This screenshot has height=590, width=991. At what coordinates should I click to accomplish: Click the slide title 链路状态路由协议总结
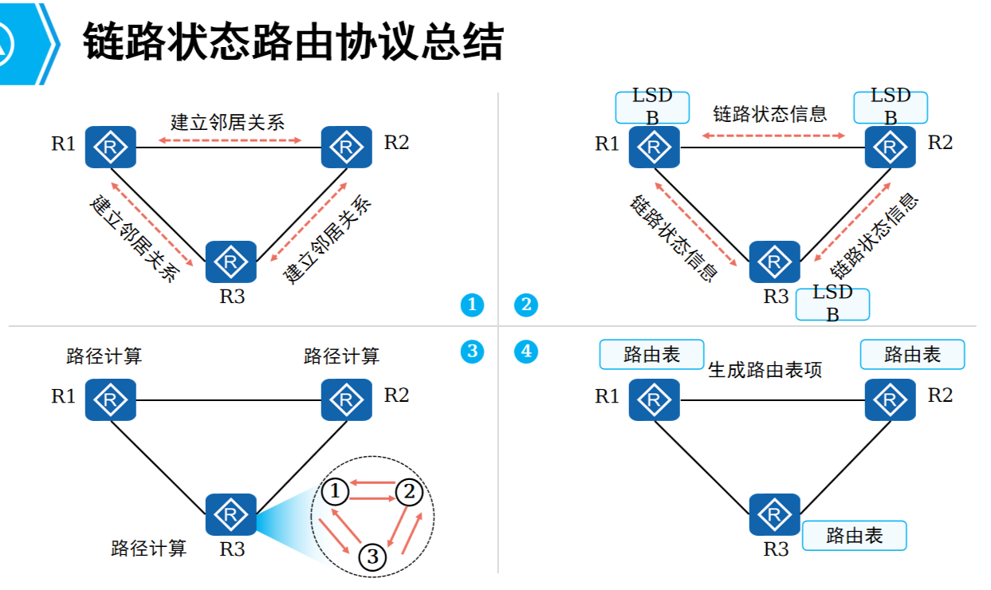(293, 41)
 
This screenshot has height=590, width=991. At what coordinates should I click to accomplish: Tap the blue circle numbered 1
(472, 305)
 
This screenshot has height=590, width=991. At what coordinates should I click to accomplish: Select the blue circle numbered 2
(526, 305)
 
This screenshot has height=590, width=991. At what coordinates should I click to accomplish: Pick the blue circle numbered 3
(472, 351)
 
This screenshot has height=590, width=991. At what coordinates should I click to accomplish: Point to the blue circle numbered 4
(526, 351)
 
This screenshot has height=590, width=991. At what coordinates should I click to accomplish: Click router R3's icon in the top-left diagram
(231, 262)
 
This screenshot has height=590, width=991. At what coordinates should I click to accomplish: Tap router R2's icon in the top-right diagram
(891, 147)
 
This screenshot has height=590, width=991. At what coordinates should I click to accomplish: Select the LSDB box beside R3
(832, 304)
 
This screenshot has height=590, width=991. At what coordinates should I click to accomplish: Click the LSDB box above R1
(652, 107)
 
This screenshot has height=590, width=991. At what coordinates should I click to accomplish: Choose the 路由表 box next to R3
(855, 536)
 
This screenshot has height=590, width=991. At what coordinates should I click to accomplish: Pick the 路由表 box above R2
(912, 355)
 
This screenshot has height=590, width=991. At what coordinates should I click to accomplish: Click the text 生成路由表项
(765, 370)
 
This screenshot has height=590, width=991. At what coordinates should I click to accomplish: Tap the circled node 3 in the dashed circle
(372, 557)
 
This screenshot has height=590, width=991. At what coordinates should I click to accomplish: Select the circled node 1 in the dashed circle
(336, 493)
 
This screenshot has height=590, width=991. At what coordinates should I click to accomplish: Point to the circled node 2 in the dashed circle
(409, 493)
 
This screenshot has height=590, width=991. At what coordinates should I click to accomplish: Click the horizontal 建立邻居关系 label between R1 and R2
(227, 122)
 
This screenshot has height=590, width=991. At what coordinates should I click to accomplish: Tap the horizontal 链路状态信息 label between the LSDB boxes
(770, 114)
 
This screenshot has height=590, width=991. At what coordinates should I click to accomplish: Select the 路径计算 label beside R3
(148, 549)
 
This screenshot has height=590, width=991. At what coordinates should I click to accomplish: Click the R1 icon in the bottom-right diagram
(654, 399)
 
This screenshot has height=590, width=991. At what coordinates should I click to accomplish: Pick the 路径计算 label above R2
(341, 356)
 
